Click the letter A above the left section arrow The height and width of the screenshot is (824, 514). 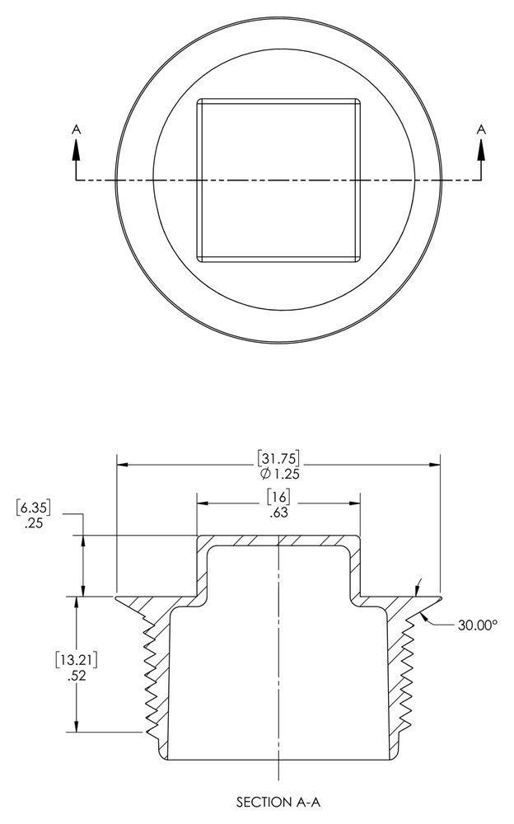(77, 129)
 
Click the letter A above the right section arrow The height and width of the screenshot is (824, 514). (481, 129)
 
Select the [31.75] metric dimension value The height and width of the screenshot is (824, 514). (278, 458)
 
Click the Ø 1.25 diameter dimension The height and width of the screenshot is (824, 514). (279, 474)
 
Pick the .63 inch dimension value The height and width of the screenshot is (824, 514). (278, 513)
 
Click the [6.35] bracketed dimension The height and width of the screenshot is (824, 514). (34, 508)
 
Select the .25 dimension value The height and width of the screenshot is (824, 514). (33, 523)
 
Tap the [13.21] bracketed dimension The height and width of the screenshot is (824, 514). (77, 659)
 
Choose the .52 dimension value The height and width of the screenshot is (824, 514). (77, 676)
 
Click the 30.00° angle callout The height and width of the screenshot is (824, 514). (477, 625)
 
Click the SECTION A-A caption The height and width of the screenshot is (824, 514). (278, 802)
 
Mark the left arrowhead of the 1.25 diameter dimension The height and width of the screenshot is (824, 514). (122, 465)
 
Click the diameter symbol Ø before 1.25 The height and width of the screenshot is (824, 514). (265, 474)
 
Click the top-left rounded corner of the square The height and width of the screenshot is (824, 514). (199, 101)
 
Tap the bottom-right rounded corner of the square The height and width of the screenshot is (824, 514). (358, 259)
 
